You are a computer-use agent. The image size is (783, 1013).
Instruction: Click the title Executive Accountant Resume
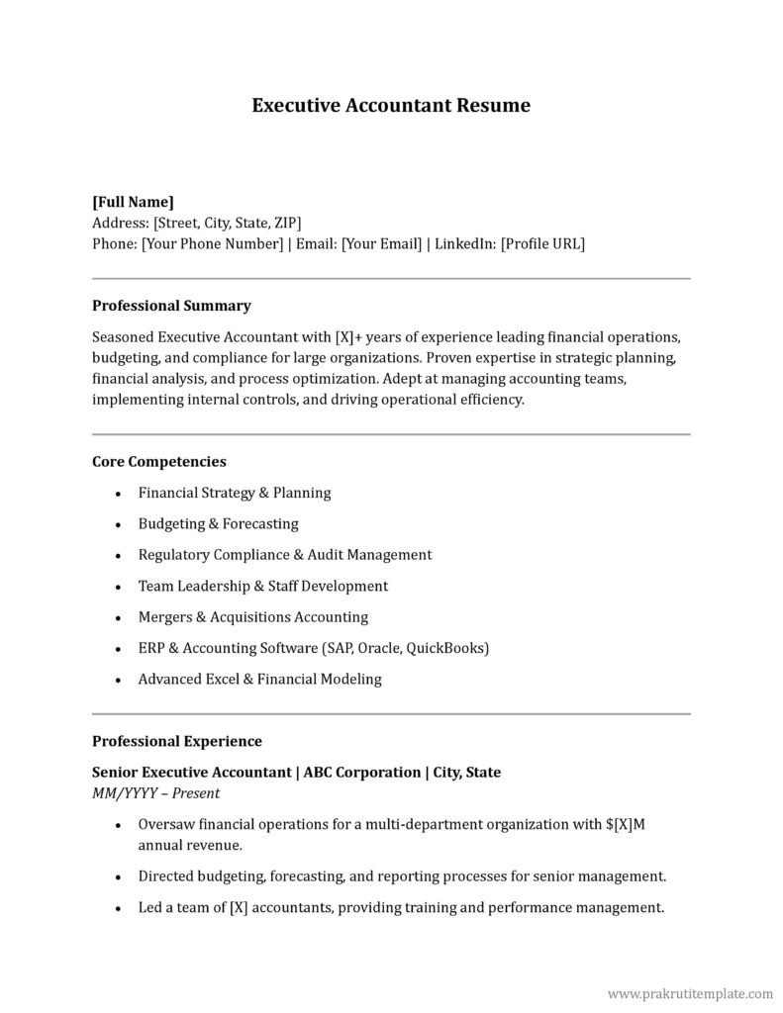click(x=391, y=105)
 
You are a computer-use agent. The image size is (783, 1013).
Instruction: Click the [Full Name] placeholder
click(x=133, y=202)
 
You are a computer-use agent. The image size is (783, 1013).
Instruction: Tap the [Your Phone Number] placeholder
click(x=212, y=243)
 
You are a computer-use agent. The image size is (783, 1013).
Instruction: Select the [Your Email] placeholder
click(x=381, y=243)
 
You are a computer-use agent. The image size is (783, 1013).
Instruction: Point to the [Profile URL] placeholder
click(x=542, y=243)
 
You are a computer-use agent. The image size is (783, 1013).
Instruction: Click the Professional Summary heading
click(x=171, y=306)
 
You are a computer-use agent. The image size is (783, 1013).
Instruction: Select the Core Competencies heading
click(x=159, y=462)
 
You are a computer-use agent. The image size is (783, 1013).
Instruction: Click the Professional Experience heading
click(x=177, y=741)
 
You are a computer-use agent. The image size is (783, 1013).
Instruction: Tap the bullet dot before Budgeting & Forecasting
click(x=119, y=525)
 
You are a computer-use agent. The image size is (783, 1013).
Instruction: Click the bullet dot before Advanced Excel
click(x=119, y=681)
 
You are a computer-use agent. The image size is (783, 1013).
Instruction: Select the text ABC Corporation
click(x=361, y=772)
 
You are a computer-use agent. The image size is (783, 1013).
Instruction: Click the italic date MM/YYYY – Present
click(x=155, y=793)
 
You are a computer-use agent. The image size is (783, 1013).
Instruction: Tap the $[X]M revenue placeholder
click(x=625, y=824)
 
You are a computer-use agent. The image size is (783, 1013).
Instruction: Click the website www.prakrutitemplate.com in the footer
click(x=690, y=992)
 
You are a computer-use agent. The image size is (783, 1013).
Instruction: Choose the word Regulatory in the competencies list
click(x=173, y=555)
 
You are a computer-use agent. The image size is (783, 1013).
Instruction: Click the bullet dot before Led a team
click(x=119, y=908)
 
